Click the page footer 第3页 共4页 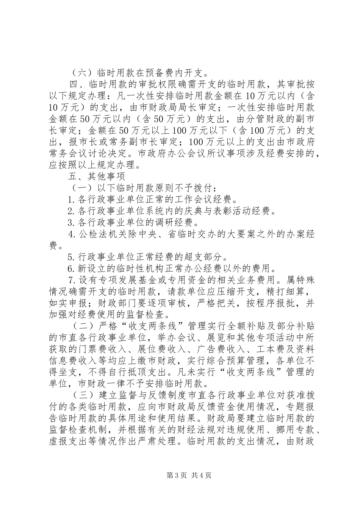point(180,475)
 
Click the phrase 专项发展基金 point(127,281)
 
